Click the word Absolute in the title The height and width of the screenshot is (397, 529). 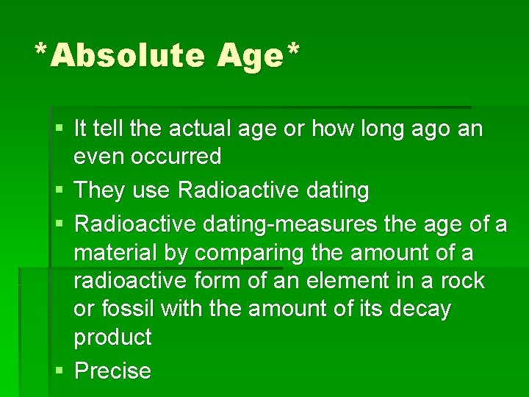click(x=127, y=56)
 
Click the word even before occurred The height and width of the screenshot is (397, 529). click(x=100, y=157)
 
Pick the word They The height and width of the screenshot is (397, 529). click(x=100, y=190)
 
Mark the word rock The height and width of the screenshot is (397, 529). click(x=465, y=281)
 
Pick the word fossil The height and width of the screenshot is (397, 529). click(x=128, y=309)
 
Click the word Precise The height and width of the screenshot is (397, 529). click(x=113, y=371)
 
